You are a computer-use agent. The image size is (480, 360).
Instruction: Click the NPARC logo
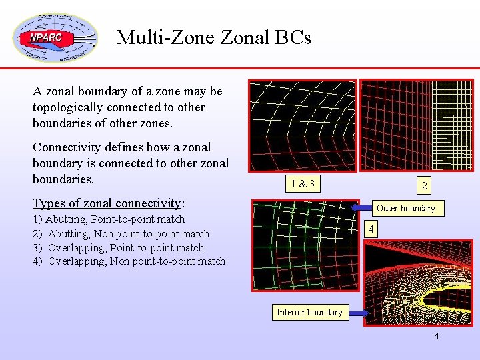click(55, 37)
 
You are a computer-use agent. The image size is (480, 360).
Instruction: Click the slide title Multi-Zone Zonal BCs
click(213, 37)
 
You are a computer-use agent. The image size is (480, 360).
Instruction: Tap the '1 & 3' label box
click(302, 183)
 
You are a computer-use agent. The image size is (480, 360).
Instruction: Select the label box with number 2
click(424, 186)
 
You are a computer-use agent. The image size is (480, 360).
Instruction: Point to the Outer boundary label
click(405, 208)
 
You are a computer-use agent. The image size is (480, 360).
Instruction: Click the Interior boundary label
click(309, 312)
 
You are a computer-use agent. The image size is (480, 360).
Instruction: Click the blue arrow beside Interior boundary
click(356, 313)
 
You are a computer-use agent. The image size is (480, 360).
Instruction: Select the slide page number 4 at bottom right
click(437, 336)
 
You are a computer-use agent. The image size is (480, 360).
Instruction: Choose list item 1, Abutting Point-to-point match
click(109, 219)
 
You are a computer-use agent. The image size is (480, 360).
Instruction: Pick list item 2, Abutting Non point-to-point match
click(121, 233)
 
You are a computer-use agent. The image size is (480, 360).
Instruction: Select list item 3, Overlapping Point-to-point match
click(118, 247)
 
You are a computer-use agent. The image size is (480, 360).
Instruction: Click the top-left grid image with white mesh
click(303, 127)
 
